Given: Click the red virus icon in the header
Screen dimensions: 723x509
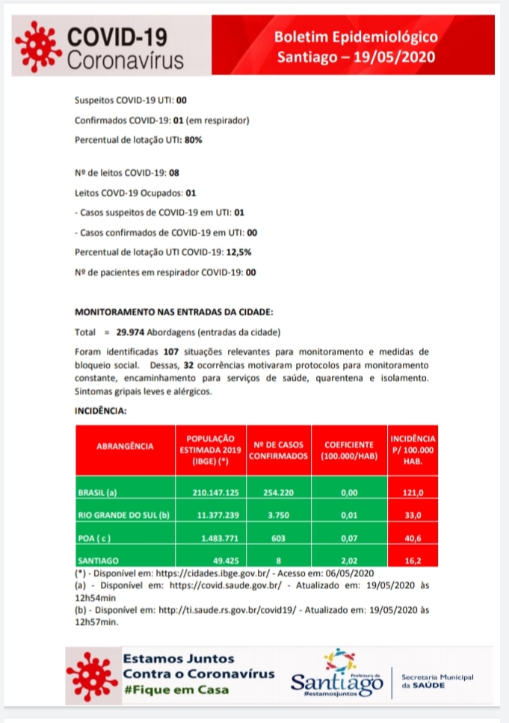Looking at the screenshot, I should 39,46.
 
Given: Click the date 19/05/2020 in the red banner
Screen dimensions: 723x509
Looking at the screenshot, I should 395,57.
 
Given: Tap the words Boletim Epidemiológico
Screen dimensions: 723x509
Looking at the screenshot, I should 356,36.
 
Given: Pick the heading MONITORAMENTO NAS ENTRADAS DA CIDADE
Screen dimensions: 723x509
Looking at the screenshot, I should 174,311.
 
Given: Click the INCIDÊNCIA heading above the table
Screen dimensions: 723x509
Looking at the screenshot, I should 100,411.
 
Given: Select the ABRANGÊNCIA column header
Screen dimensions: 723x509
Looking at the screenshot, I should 126,446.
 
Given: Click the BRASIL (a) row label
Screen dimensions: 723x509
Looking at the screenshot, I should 97,493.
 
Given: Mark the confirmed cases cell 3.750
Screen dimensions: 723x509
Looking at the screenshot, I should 278,516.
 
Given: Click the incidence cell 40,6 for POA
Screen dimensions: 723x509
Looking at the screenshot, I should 413,537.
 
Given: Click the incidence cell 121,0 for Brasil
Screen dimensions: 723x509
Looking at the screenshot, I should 413,493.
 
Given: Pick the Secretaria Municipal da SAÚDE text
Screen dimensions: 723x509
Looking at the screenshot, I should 437,681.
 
